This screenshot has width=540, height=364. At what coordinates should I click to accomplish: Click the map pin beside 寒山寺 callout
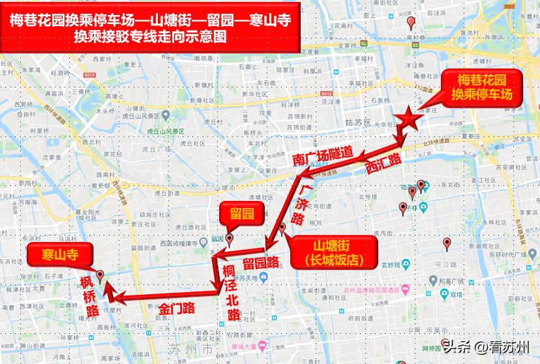[100, 275]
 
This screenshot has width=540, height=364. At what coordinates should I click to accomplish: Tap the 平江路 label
[444, 265]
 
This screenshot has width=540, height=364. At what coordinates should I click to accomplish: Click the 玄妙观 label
[390, 265]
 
